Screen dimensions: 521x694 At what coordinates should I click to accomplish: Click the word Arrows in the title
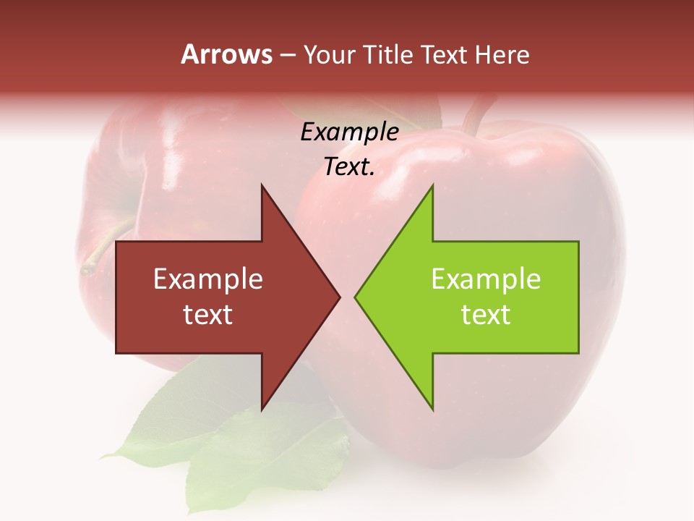tap(226, 54)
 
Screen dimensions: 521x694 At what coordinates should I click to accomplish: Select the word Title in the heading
tap(387, 54)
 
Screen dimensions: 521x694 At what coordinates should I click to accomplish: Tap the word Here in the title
tap(502, 54)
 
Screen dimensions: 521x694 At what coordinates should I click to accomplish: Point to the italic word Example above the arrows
tap(349, 132)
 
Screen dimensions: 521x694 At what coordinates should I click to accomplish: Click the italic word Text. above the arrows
tap(349, 167)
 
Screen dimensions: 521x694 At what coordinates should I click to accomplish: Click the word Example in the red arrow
tap(208, 279)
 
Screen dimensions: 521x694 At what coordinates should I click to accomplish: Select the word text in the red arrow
tap(208, 315)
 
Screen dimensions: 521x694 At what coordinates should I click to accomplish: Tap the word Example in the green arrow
tap(486, 279)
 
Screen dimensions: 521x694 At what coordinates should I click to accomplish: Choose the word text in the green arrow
tap(486, 315)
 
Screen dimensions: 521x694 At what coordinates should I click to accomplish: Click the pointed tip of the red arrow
tap(339, 297)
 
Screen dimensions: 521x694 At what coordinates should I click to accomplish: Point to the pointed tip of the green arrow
tap(356, 297)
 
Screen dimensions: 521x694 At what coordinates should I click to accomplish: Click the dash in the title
tap(287, 56)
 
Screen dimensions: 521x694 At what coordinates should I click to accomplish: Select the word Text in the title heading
tap(444, 54)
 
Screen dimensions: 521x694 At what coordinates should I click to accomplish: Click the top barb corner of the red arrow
tap(262, 186)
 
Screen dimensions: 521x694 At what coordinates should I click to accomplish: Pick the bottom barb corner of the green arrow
tap(432, 410)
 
